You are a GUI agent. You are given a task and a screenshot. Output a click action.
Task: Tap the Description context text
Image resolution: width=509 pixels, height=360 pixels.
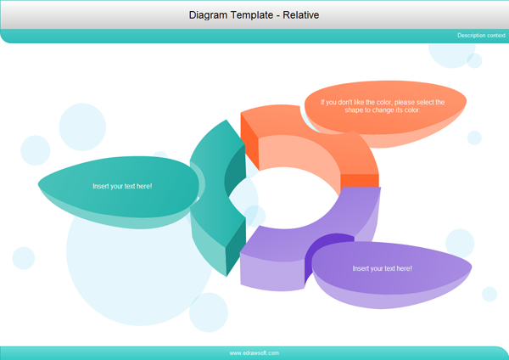[481, 35]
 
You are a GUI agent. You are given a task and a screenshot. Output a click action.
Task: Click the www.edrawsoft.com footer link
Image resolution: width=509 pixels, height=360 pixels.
[254, 352]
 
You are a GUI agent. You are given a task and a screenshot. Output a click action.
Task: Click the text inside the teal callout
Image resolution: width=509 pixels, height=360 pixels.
[122, 185]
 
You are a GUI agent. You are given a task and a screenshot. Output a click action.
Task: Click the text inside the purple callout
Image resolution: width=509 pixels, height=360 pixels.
[382, 268]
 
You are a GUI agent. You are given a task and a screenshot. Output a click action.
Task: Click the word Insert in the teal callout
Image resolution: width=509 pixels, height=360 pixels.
[102, 185]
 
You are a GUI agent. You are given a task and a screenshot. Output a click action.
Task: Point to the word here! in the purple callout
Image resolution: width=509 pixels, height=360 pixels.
[402, 268]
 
